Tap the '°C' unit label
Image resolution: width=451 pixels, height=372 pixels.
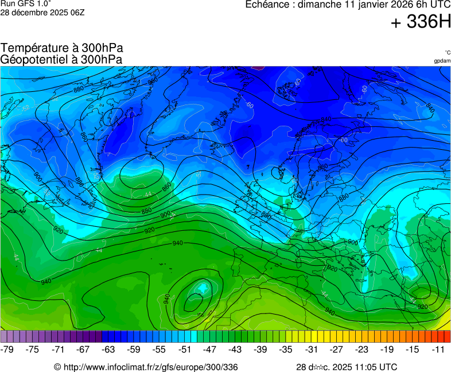[447, 53]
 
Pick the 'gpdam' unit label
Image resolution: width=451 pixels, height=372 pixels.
[442, 61]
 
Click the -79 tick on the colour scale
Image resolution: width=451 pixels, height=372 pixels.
[7, 349]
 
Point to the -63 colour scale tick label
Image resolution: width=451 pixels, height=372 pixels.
[108, 349]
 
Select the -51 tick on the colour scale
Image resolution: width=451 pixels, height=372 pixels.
[185, 349]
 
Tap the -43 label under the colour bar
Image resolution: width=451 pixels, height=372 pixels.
[235, 349]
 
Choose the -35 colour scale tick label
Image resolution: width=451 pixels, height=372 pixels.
[286, 349]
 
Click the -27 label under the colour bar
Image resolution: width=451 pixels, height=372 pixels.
[336, 349]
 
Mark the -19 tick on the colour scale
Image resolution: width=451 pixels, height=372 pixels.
[387, 349]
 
